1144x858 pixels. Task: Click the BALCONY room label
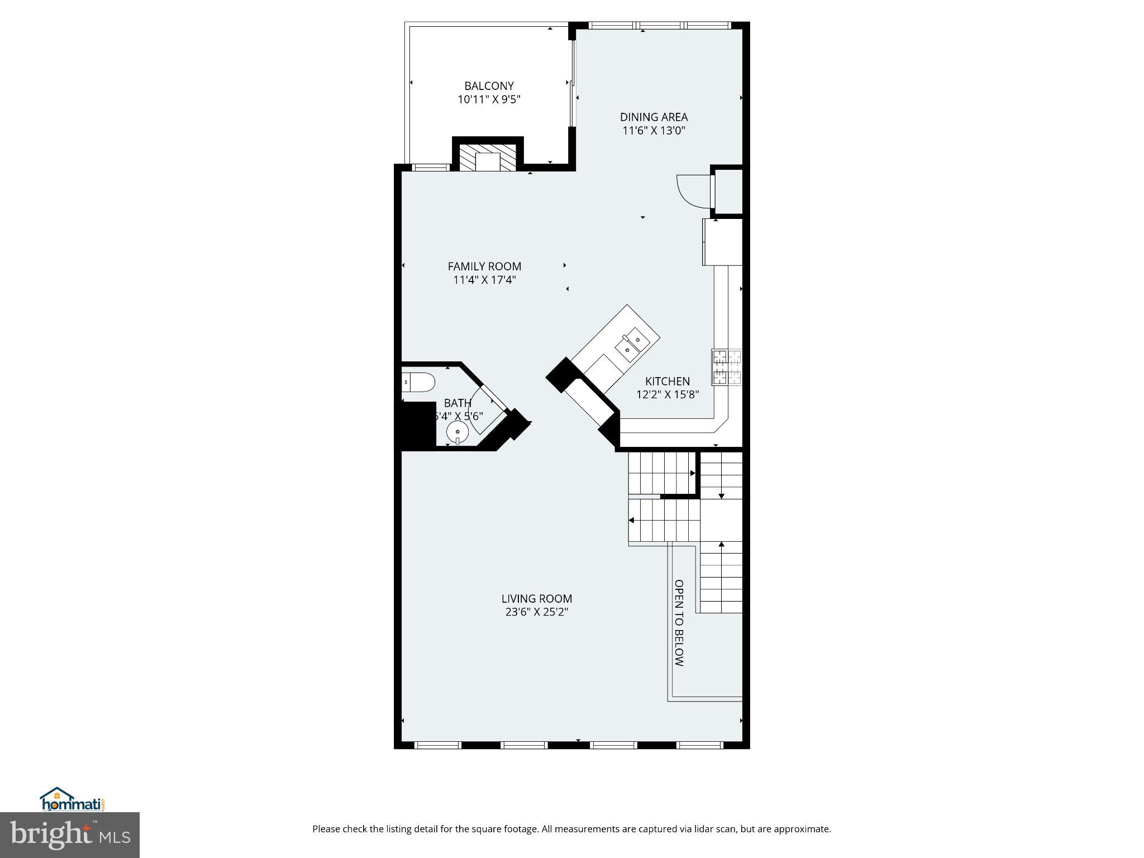click(489, 86)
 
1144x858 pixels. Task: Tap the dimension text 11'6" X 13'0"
click(654, 131)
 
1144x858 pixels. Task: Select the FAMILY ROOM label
click(484, 266)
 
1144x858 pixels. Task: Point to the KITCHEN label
click(668, 382)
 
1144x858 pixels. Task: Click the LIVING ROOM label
click(536, 599)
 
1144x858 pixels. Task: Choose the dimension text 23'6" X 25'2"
click(536, 612)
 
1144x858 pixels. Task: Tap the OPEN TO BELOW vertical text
click(679, 623)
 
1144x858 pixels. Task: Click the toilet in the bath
click(418, 383)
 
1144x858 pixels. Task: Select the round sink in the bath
click(457, 432)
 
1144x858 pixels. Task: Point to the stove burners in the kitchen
click(727, 367)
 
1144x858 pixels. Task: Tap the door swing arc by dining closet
click(693, 192)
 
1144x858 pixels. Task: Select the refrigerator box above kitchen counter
click(722, 242)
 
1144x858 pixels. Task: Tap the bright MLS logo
click(69, 835)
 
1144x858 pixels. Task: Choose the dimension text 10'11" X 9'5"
click(489, 100)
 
